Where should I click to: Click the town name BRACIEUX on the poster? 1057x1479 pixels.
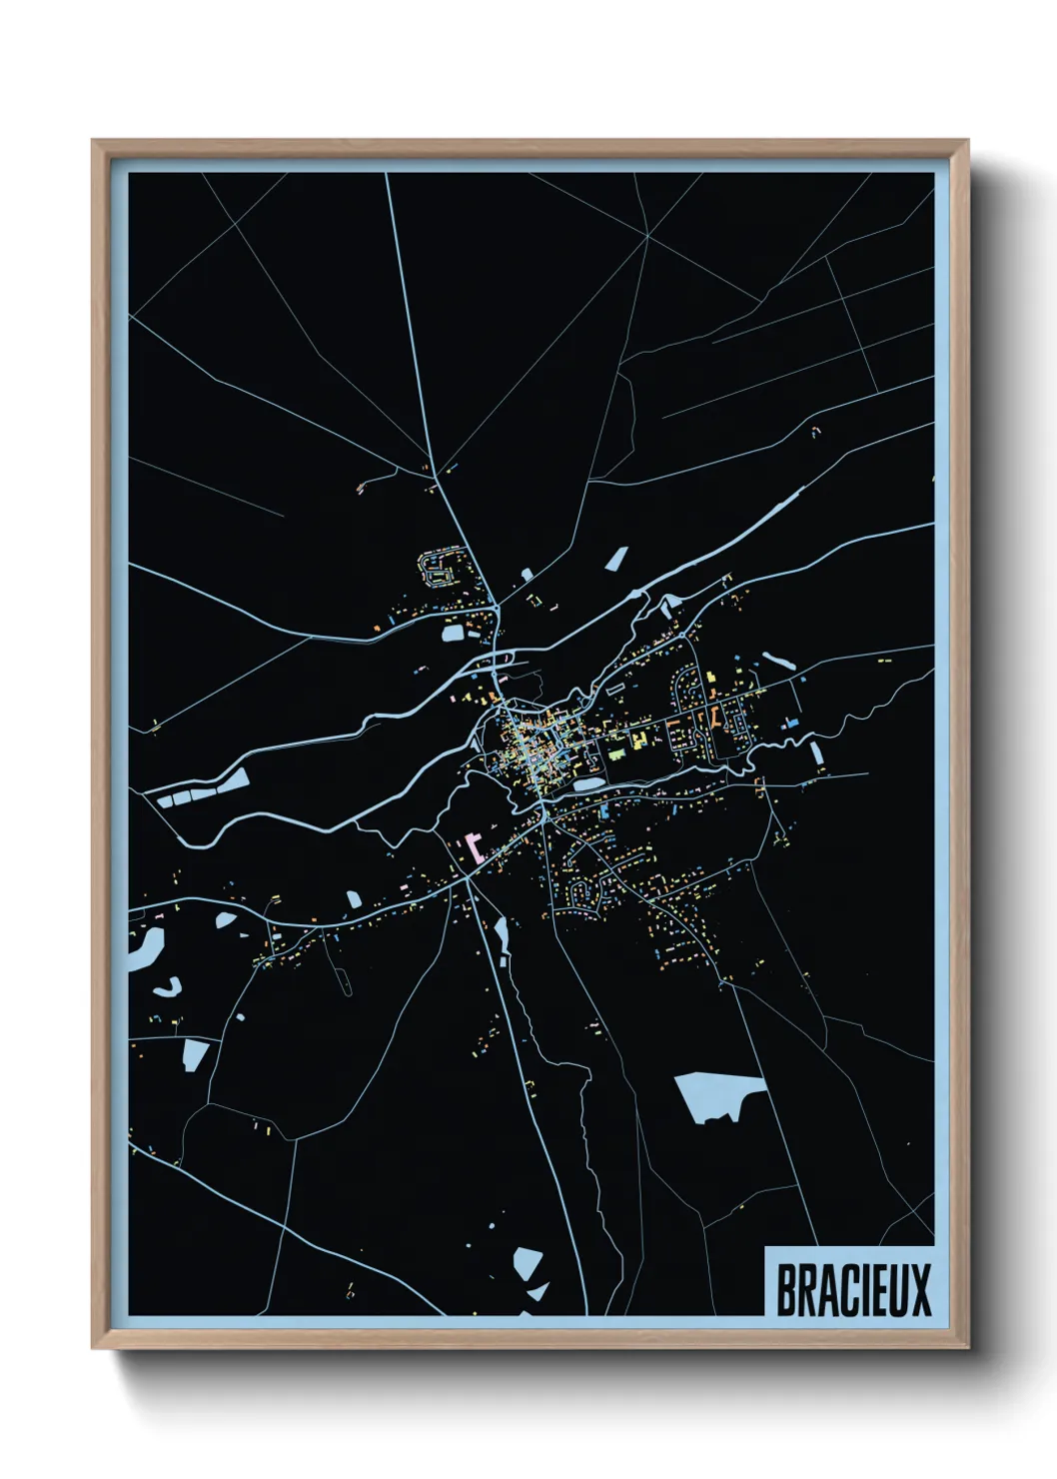[853, 1289]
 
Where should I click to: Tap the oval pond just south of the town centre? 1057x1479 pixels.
[588, 784]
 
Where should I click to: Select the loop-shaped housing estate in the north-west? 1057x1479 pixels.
[441, 568]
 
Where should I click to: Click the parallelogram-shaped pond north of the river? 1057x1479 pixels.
[616, 559]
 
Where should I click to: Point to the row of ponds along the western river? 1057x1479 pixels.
[200, 792]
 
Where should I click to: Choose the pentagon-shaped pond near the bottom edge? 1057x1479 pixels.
[528, 1262]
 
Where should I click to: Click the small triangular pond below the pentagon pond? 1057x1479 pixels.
[538, 1292]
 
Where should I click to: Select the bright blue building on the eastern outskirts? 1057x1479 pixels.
[792, 721]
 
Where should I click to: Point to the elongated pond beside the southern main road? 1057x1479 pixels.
[501, 936]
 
